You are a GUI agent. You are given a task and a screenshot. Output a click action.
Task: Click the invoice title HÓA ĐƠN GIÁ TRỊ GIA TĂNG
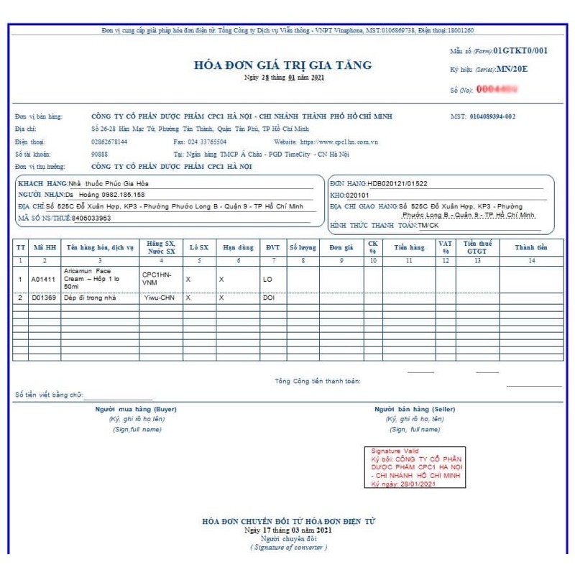click(283, 65)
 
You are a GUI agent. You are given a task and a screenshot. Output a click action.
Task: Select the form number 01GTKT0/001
click(522, 50)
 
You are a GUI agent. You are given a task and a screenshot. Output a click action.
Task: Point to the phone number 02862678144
click(110, 142)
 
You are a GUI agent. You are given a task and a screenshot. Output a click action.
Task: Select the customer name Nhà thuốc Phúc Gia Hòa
click(109, 184)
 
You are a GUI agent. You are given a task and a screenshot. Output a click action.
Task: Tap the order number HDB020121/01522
click(397, 184)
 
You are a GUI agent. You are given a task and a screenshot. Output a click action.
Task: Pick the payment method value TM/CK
click(430, 226)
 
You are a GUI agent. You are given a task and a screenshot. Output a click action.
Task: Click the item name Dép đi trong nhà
click(90, 297)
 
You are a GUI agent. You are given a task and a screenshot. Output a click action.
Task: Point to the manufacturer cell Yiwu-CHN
click(159, 297)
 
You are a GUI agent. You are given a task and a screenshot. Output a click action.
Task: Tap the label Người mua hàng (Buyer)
click(137, 409)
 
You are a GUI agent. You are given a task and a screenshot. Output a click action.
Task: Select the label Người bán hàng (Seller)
click(415, 409)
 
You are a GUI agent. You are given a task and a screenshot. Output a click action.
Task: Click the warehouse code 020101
click(357, 195)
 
